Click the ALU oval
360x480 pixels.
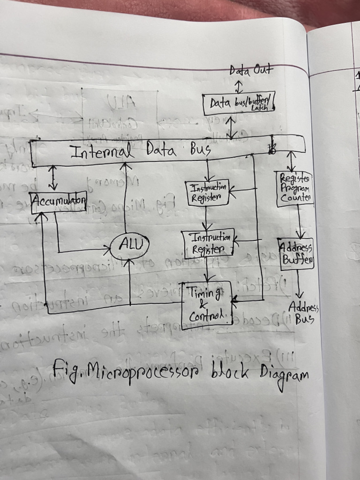(x=130, y=244)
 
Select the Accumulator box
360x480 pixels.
(x=59, y=202)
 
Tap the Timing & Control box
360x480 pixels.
(x=206, y=305)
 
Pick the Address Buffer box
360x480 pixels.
(x=296, y=254)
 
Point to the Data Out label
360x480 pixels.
(x=250, y=71)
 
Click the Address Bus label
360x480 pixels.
(x=304, y=313)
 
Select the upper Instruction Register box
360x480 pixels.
(x=208, y=193)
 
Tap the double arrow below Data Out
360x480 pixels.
(x=239, y=87)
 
